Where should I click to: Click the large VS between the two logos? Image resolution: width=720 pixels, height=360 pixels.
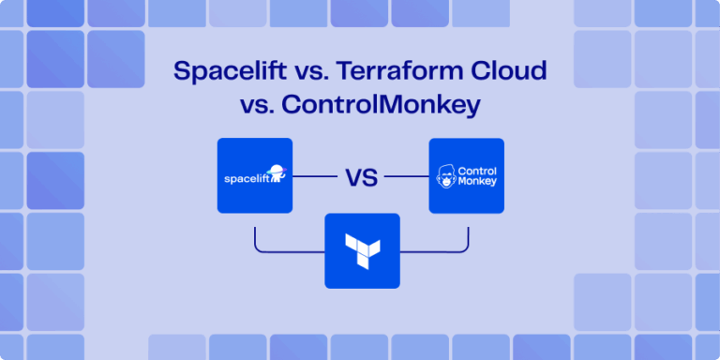coord(360,176)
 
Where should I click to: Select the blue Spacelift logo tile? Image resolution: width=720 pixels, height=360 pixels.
coord(254,175)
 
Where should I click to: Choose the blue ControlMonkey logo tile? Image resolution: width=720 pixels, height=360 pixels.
coord(466,175)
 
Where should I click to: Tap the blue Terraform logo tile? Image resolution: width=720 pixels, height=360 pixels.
coord(362,250)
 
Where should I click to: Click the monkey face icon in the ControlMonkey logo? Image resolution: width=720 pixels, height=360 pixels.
coord(444,177)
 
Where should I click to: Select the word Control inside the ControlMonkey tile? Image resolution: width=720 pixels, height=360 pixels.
coord(475,170)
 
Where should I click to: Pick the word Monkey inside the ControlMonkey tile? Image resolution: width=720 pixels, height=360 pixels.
coord(475,183)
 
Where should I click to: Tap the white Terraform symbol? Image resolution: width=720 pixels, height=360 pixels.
coord(362,249)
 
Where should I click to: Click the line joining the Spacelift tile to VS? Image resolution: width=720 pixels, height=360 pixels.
coord(314,175)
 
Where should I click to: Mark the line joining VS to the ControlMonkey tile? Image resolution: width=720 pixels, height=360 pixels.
coord(406,175)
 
